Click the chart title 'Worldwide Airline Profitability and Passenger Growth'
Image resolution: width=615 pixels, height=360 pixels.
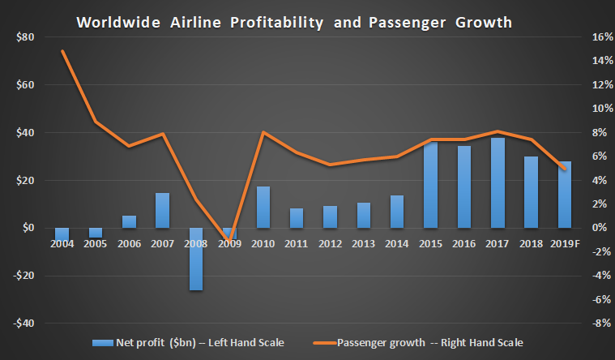click(294, 22)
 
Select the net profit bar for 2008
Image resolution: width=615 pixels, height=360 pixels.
click(196, 259)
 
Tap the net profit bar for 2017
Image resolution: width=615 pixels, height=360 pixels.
click(498, 182)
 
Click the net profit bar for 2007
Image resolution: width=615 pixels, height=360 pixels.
click(163, 210)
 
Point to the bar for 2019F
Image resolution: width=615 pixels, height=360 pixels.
click(564, 195)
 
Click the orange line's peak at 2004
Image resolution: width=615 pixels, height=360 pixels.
click(62, 51)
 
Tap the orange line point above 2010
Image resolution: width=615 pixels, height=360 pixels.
click(263, 132)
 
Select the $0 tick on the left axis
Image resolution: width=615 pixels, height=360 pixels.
click(25, 228)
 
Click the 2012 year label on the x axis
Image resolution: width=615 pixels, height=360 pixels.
click(330, 242)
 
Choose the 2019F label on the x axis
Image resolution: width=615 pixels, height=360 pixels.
click(564, 242)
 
